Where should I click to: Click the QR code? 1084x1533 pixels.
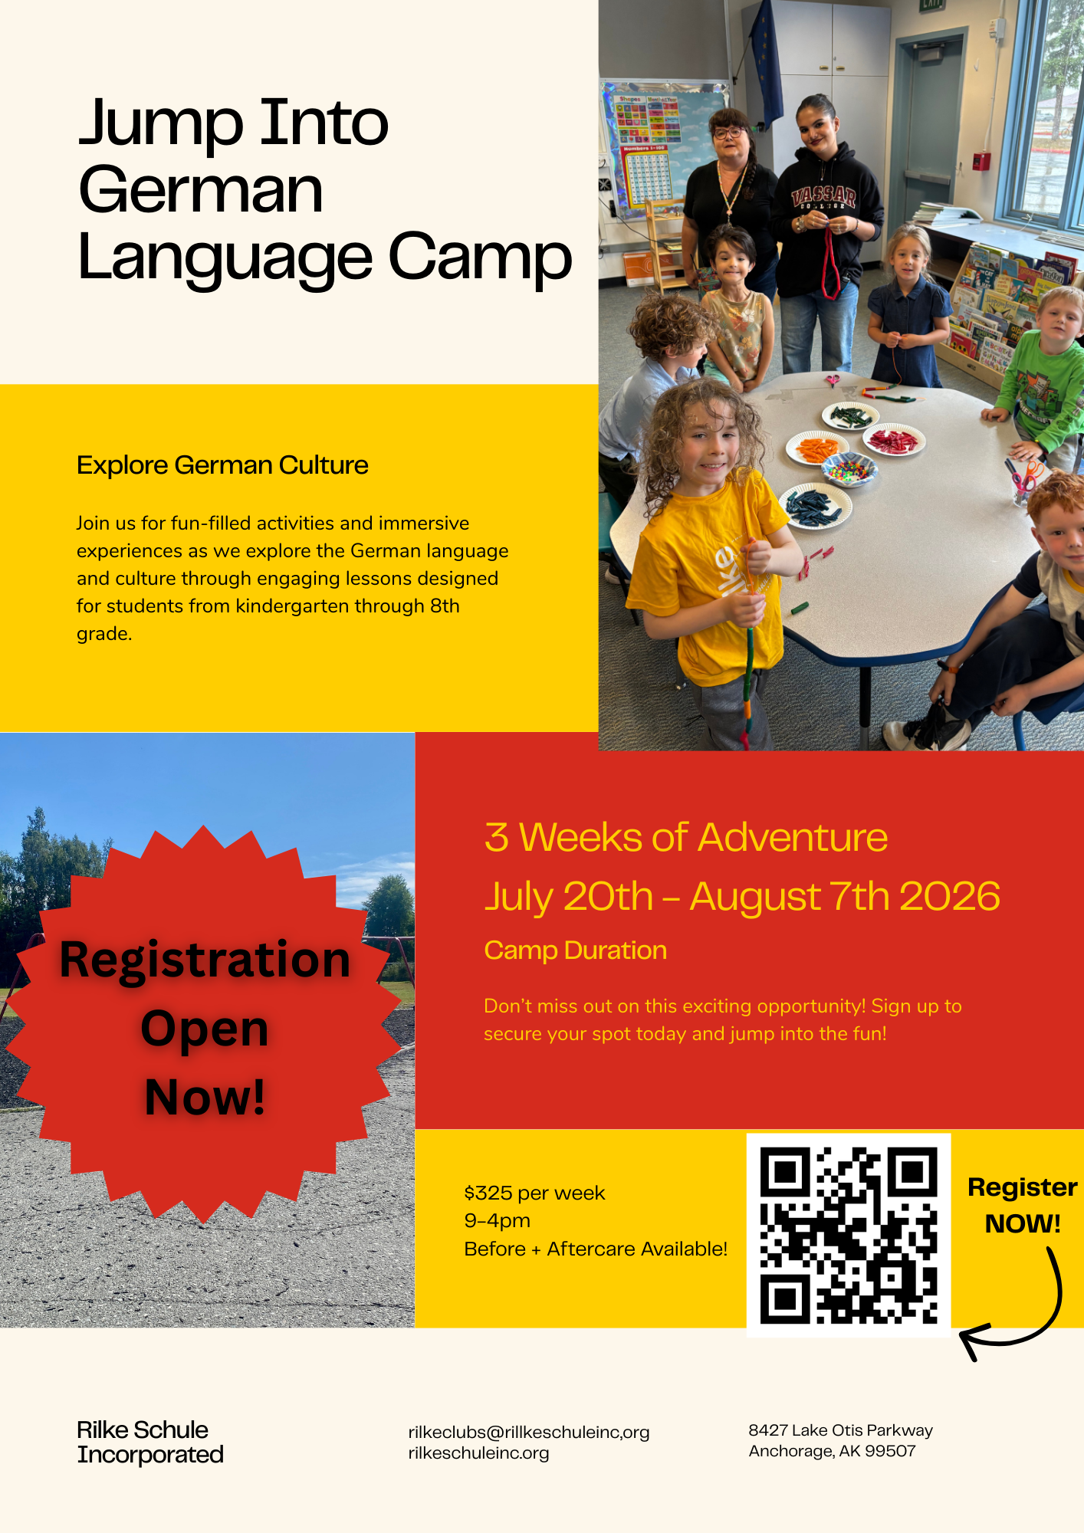point(849,1235)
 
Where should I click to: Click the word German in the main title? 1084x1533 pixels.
point(201,190)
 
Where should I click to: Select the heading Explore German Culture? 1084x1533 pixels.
point(222,465)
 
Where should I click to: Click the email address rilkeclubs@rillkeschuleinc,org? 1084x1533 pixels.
point(529,1432)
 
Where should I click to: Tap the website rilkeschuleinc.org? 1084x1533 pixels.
point(478,1453)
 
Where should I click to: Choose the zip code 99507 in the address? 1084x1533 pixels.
point(890,1451)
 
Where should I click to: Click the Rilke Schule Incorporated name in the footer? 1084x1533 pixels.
point(150,1442)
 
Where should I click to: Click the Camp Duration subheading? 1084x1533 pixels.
point(576,950)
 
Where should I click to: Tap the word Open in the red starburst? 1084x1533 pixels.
point(205,1029)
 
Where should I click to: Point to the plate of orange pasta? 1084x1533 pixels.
point(817,448)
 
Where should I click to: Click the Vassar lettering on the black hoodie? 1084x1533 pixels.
point(824,196)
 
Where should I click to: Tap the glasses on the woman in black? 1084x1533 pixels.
point(728,132)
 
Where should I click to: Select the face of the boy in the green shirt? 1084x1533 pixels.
point(1059,314)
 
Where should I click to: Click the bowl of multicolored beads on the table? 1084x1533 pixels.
point(849,470)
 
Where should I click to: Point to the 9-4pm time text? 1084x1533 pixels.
point(498,1220)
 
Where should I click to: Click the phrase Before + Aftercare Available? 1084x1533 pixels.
point(596,1249)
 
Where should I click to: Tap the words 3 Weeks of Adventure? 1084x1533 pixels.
point(686,837)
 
